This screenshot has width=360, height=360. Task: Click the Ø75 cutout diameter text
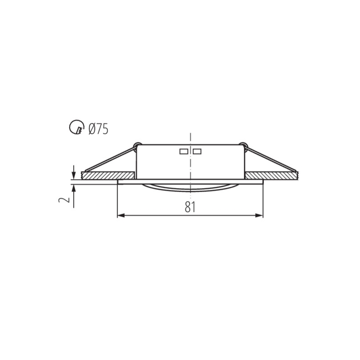(x=98, y=129)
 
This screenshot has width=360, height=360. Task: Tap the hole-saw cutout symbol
(x=76, y=127)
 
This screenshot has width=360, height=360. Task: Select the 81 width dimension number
(x=190, y=207)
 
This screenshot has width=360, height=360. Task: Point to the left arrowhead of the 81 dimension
(x=121, y=216)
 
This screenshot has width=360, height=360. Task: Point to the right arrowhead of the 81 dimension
(x=260, y=216)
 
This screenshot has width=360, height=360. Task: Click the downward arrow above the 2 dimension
(x=74, y=172)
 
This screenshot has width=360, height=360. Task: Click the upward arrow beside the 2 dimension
(x=74, y=196)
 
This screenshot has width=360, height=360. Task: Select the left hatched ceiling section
(x=108, y=175)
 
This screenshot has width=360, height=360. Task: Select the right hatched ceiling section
(x=271, y=175)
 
